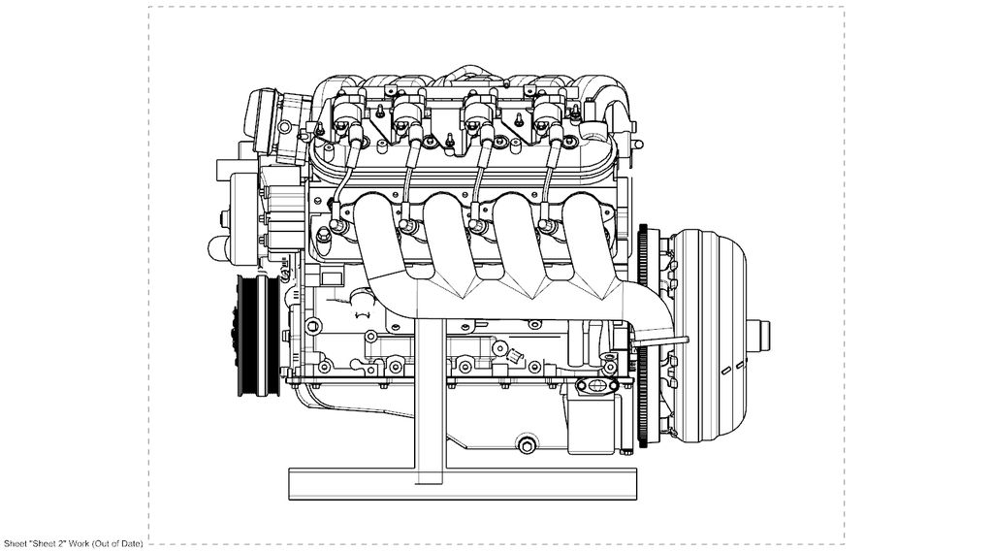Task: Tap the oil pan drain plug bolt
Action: click(x=527, y=444)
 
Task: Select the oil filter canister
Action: click(x=592, y=422)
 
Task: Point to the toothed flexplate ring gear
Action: click(x=645, y=336)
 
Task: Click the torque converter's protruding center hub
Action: click(x=758, y=335)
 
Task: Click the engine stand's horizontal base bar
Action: click(x=463, y=484)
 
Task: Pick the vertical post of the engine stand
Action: click(x=432, y=399)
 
